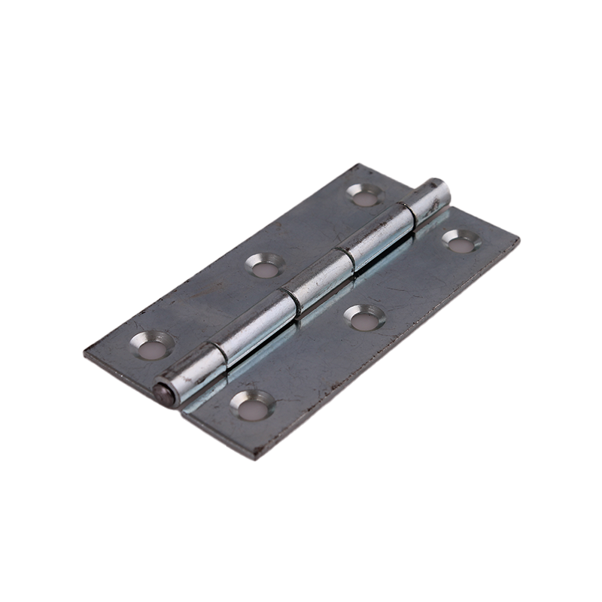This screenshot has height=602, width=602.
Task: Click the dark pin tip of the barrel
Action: coord(160,392)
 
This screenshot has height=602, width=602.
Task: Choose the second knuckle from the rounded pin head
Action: coord(378,239)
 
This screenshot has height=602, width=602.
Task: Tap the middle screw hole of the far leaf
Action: coord(265,264)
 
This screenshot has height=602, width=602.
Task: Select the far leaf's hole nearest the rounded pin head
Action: coord(366,196)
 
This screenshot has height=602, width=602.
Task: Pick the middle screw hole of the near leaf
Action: coord(364,317)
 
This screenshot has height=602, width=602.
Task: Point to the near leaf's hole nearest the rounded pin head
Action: coord(461,241)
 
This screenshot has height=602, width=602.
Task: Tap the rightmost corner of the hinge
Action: coord(518,240)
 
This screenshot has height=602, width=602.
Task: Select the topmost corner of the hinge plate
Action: coord(360,165)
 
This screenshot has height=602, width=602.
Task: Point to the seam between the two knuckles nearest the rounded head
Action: coord(407,213)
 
